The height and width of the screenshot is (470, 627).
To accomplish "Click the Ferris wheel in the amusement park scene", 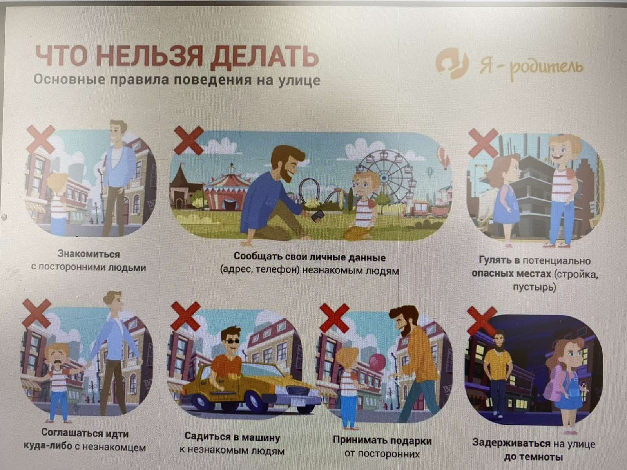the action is [384, 178].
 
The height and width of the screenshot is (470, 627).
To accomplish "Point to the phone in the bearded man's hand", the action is [318, 216].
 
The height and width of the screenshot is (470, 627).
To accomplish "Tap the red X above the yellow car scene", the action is [186, 316].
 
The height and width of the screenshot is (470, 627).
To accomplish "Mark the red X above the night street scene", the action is [482, 321].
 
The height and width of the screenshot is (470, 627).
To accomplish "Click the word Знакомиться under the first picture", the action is [89, 254].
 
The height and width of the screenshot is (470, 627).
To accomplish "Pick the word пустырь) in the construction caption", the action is [535, 287].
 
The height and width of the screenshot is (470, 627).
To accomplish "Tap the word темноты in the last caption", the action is [533, 457].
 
